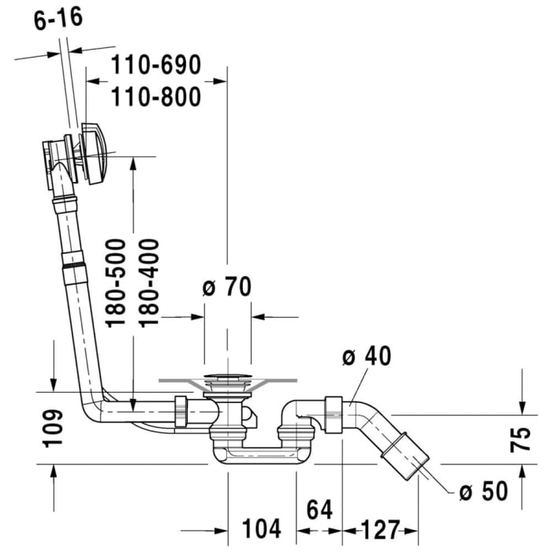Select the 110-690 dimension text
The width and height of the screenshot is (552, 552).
point(155,65)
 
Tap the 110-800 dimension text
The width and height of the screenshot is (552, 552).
point(155,95)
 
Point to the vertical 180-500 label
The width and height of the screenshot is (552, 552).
point(116,283)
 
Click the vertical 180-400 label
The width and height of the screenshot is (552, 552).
point(148,283)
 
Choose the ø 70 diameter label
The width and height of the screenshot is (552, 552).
point(226,287)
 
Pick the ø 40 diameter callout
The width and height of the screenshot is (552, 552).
point(367,357)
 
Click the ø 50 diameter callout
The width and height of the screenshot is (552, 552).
point(483,492)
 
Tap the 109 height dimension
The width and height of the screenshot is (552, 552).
point(52,427)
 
